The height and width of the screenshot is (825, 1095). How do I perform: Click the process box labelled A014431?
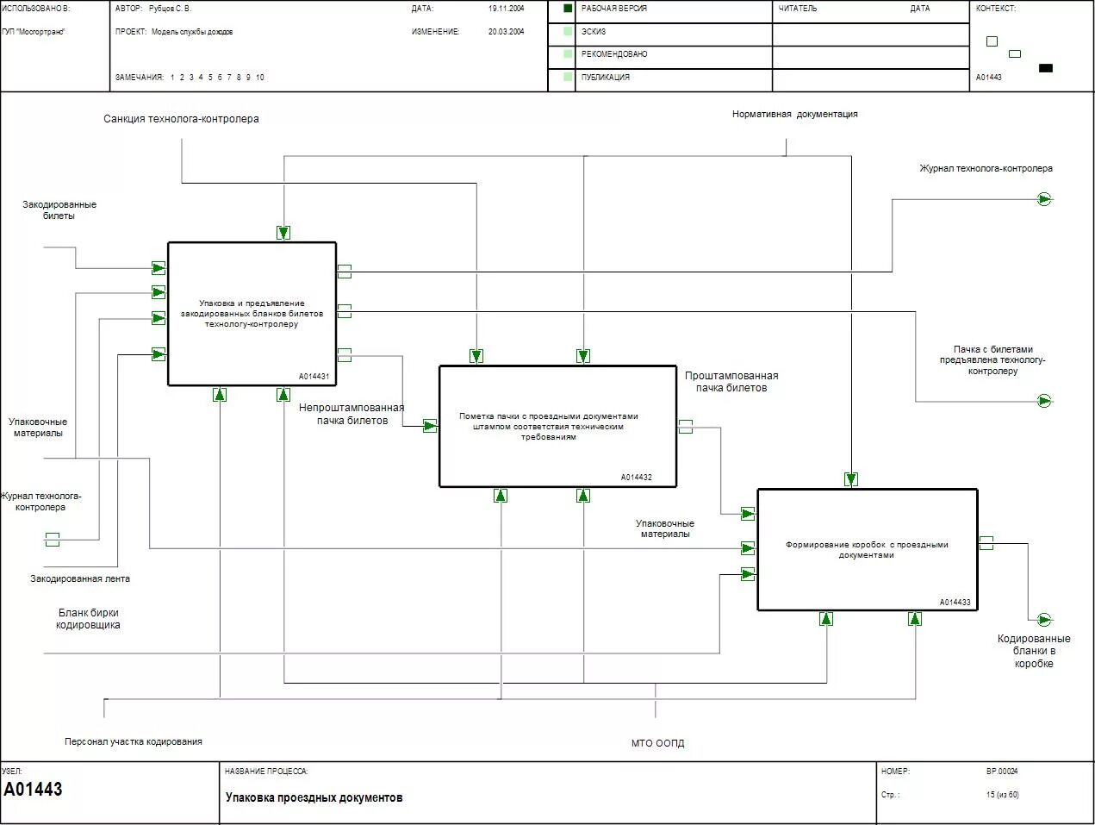click(252, 314)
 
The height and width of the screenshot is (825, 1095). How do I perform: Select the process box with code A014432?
click(557, 426)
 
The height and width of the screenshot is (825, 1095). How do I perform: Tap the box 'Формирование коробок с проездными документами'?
click(867, 550)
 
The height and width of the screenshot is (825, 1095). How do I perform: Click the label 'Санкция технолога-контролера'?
click(181, 119)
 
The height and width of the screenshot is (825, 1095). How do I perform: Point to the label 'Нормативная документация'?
click(794, 114)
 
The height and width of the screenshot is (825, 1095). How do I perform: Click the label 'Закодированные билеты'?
click(59, 210)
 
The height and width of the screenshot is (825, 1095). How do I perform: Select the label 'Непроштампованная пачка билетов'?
click(352, 415)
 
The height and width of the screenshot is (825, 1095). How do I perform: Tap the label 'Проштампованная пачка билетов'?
click(731, 382)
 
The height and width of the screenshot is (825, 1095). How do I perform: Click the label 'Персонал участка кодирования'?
click(134, 741)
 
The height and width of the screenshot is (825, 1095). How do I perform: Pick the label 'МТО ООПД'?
click(657, 743)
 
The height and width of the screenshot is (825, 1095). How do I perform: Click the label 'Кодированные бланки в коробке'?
click(1034, 651)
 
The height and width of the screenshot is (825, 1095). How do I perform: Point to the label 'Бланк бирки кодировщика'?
click(88, 619)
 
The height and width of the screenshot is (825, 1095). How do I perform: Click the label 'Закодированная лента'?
click(80, 578)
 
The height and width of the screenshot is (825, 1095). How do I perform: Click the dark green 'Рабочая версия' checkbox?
click(568, 9)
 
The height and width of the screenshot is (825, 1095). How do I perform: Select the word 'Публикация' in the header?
click(606, 78)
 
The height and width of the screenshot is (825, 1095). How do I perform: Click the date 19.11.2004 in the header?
click(506, 9)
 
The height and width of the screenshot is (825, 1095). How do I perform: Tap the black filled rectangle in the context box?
click(1045, 68)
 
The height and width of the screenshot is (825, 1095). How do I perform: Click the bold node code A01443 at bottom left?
click(34, 790)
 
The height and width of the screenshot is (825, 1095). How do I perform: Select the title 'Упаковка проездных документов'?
click(314, 797)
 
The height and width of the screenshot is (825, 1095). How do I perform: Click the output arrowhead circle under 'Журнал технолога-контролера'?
click(1044, 199)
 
